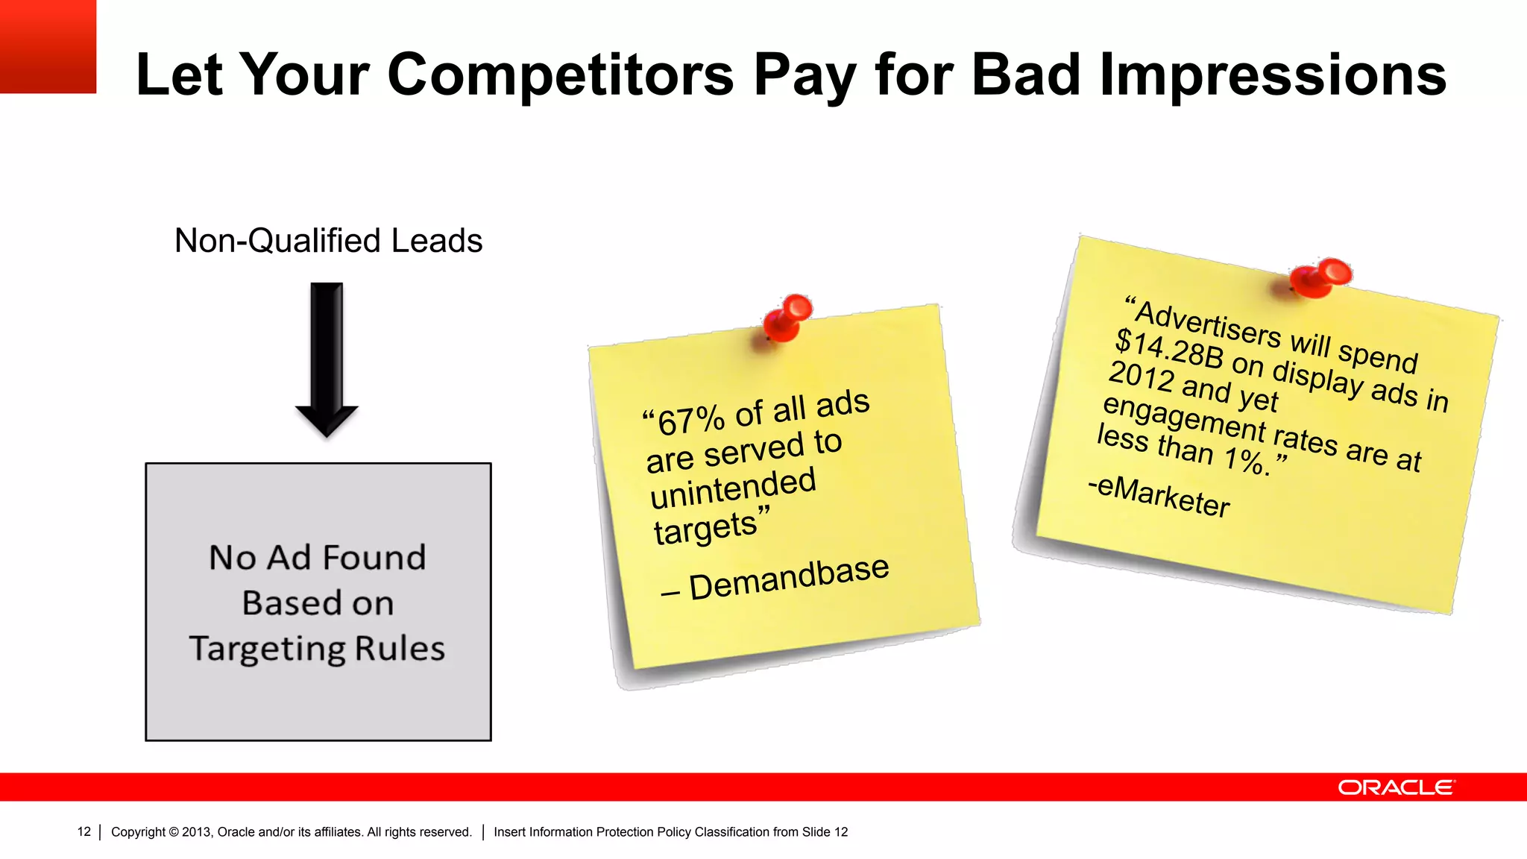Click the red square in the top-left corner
48,46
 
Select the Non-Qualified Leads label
328,241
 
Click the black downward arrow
327,358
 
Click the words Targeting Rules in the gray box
317,648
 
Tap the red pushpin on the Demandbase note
787,317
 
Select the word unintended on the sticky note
733,489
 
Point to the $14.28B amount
1169,348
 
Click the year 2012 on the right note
1141,376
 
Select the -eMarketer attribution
1159,495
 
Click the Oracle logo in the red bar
1395,787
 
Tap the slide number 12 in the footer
84,831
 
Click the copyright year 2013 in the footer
197,831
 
